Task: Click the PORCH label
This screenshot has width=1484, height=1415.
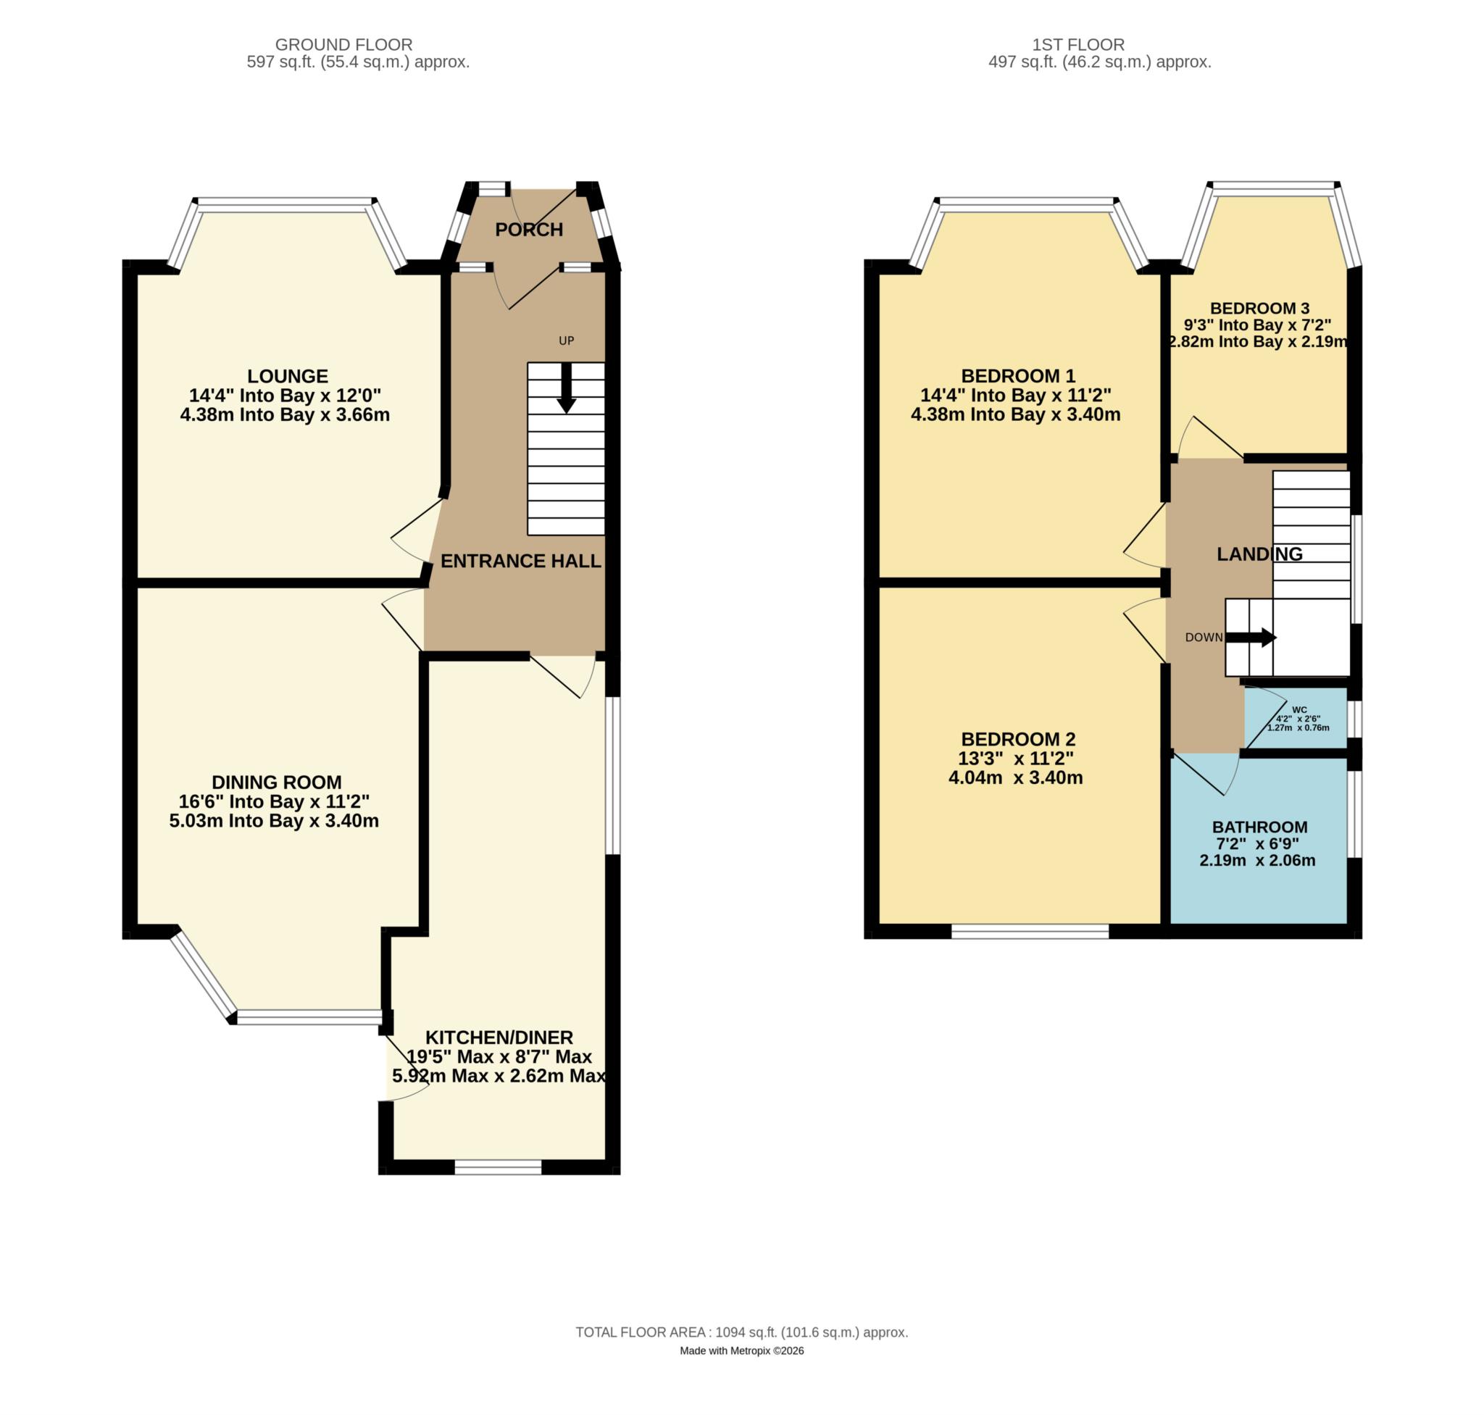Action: click(x=529, y=229)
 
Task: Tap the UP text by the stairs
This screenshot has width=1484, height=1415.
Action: click(x=566, y=341)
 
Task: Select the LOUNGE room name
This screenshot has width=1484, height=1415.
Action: click(x=288, y=375)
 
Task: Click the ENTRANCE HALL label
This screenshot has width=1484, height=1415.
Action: click(x=520, y=560)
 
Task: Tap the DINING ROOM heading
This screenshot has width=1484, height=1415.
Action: click(x=276, y=782)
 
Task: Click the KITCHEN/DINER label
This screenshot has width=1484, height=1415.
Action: click(x=499, y=1037)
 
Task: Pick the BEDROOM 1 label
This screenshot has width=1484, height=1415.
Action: click(x=1018, y=375)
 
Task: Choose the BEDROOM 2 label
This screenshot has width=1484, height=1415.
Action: click(x=1018, y=739)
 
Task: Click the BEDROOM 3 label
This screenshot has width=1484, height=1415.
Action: click(x=1259, y=308)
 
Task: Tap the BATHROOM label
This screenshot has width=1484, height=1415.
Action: click(x=1259, y=827)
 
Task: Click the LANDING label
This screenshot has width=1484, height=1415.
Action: click(x=1259, y=554)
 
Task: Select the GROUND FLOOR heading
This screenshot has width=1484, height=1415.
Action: click(x=343, y=44)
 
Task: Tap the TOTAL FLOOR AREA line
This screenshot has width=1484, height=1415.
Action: click(x=741, y=1332)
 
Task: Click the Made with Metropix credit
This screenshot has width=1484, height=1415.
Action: click(x=741, y=1351)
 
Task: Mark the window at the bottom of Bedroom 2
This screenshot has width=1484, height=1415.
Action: click(x=1029, y=932)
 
